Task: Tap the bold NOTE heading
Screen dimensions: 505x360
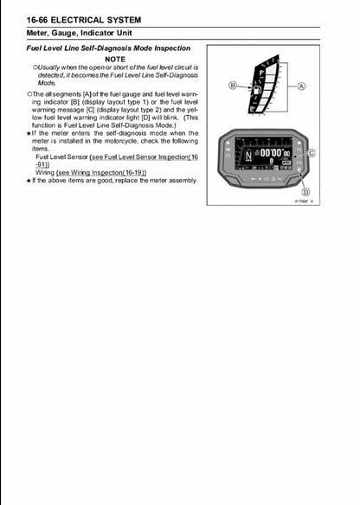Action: [x=115, y=59]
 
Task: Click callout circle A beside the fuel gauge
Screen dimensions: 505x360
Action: [x=301, y=86]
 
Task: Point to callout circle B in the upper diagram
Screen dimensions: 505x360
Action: [x=232, y=85]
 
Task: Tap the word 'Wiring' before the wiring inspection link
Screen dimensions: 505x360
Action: [x=45, y=172]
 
